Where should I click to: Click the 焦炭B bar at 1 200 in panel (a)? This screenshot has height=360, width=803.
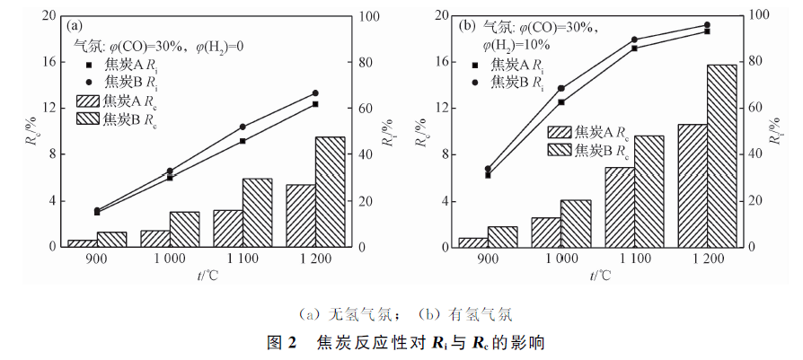click(331, 192)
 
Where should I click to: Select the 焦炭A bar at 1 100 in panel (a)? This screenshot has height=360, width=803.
click(228, 228)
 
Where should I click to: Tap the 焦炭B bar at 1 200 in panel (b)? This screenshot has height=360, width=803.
click(721, 156)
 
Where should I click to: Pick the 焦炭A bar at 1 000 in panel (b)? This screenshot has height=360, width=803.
click(546, 233)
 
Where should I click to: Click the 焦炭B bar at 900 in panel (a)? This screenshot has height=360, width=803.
click(111, 240)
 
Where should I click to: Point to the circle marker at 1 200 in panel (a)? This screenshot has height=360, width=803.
click(315, 93)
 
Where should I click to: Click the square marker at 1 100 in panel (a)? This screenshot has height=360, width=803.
click(243, 141)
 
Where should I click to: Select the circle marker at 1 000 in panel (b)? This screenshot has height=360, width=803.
click(560, 89)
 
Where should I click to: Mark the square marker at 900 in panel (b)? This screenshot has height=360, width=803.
click(488, 175)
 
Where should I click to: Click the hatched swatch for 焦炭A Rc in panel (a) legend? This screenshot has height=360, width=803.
click(88, 101)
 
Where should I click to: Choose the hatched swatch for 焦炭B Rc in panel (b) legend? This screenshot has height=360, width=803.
click(560, 150)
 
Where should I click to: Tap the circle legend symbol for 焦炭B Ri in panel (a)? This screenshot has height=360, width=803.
click(89, 81)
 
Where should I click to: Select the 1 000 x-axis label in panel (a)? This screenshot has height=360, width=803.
click(170, 259)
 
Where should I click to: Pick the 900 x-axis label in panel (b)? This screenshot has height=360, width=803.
click(488, 259)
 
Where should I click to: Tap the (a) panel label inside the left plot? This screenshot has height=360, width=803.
click(74, 25)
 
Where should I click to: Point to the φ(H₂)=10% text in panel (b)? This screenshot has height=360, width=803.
click(516, 45)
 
